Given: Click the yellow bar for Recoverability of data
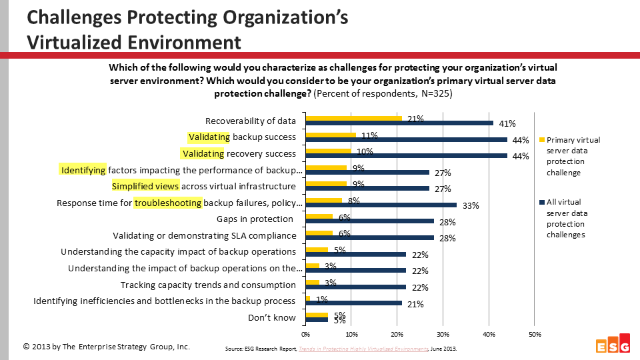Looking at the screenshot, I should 354,119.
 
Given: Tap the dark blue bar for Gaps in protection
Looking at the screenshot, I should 369,222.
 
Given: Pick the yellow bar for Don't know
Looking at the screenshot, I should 317,315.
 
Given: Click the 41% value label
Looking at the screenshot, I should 507,123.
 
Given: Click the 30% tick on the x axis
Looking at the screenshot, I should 443,333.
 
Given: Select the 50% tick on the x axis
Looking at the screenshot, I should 534,333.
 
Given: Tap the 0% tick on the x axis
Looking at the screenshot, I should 305,333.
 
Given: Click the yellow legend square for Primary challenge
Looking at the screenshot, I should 541,140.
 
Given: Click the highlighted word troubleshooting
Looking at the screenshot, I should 168,203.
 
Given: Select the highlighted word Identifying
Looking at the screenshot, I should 83,170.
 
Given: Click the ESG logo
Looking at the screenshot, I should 611,345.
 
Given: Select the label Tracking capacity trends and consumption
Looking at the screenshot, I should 208,285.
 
